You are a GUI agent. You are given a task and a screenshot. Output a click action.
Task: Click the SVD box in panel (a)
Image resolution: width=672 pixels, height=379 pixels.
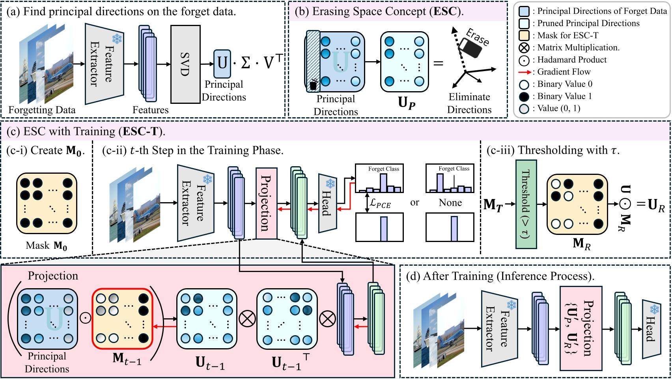point(185,64)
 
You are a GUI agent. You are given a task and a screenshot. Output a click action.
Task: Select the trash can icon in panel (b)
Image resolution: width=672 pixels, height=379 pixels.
point(314,84)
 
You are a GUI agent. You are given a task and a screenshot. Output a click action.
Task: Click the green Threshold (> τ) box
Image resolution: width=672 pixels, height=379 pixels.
point(526,204)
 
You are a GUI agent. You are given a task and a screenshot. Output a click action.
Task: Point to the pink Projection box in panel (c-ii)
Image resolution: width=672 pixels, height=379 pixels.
point(266,203)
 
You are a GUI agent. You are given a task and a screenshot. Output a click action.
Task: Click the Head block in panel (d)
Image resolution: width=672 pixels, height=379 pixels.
point(651,329)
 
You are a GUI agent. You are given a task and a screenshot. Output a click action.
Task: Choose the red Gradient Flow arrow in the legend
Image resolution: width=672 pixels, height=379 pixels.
point(525,72)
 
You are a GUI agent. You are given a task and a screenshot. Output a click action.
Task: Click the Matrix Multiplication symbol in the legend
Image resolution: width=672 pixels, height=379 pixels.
point(524,48)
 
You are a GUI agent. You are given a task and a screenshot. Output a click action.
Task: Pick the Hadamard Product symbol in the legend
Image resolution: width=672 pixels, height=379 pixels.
point(524,60)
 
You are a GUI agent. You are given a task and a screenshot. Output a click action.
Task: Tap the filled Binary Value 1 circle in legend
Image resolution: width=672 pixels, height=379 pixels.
point(524,97)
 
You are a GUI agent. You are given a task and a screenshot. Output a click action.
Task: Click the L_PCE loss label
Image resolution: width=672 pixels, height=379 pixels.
point(380,204)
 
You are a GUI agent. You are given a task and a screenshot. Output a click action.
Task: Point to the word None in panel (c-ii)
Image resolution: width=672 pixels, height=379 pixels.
point(450,203)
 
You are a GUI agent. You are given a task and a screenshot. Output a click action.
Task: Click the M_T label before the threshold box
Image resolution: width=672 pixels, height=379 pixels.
point(493,205)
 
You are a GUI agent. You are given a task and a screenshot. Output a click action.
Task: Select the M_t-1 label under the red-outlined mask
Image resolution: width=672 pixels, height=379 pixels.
point(127,358)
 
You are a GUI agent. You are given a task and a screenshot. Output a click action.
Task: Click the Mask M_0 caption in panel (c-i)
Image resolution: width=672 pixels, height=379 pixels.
point(47,246)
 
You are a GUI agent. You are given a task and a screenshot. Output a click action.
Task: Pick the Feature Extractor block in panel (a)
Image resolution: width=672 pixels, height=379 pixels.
point(104,64)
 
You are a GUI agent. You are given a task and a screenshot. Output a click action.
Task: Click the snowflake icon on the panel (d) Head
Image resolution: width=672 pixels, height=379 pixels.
point(655,309)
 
